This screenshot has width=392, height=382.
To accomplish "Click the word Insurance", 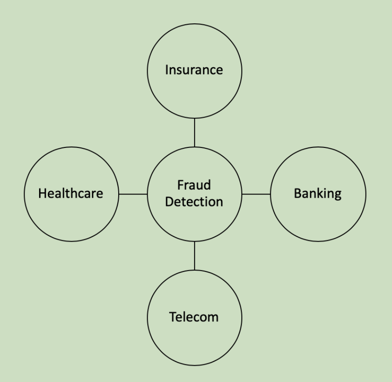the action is pos(194,70).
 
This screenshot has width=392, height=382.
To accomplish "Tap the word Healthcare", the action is pos(71,193).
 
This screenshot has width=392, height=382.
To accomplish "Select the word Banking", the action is pos(317,193).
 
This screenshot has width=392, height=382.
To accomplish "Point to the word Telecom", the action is pos(194,317).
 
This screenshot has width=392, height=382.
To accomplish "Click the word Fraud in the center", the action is pos(194,185).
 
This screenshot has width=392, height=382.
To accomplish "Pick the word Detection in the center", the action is pos(194,202).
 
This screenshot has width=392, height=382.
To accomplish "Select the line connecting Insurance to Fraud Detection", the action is pos(194,132).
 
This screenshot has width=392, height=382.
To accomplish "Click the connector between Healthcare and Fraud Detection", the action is pos(133,194).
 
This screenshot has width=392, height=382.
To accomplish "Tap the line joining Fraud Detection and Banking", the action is pos(256,194).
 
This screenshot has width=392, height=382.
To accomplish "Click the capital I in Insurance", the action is pos(167,70).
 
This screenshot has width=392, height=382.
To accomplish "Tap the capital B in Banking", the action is pos(297,193).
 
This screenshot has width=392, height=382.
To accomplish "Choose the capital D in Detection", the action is pos(168,202).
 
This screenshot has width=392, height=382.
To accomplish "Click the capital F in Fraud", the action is pos(180,185).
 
